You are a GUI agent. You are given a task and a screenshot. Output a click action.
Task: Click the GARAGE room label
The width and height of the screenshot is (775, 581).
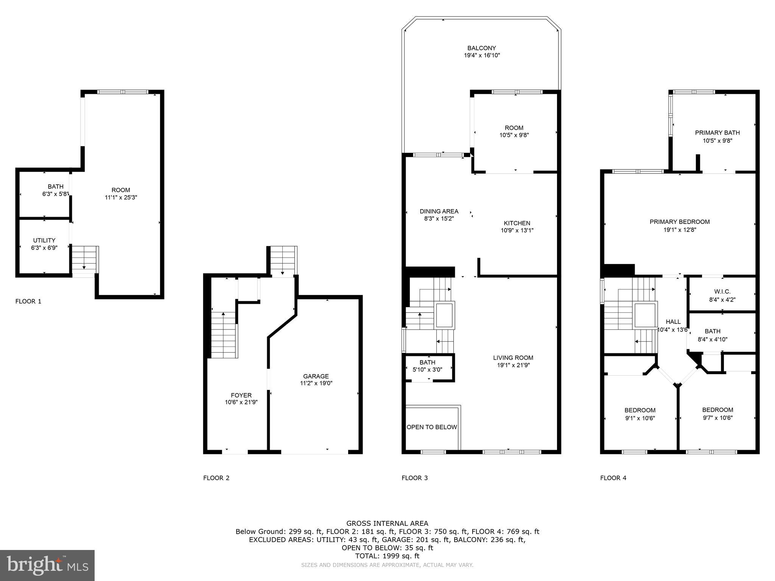[x=316, y=376]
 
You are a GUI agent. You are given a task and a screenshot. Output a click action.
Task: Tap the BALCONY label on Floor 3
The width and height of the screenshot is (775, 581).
[x=481, y=48]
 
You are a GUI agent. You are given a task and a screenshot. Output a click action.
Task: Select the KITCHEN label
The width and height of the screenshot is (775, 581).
[x=517, y=223]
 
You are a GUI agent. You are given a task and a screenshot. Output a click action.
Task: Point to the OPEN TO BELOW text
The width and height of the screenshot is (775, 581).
[x=432, y=427]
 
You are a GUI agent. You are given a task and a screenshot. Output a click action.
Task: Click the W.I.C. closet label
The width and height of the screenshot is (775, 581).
[x=722, y=292]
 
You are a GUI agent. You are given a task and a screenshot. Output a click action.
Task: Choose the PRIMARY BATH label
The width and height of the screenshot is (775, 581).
[x=717, y=133]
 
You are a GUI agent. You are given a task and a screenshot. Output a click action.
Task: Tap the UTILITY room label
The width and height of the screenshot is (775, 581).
[x=44, y=240]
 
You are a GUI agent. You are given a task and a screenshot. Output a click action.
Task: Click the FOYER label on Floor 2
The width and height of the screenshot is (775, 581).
[x=241, y=395]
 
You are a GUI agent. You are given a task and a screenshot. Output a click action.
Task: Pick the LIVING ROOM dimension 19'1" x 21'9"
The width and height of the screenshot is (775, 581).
[x=513, y=365]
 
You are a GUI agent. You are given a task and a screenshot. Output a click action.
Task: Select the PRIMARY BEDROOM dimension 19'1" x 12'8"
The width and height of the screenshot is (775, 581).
[x=679, y=230]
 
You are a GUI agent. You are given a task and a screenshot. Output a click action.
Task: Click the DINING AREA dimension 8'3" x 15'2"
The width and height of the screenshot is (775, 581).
[x=439, y=219]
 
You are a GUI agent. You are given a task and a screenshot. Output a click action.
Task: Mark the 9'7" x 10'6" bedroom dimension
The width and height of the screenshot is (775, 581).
[x=717, y=418]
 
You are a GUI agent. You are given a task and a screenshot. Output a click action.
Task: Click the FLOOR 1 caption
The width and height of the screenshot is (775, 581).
[x=28, y=301]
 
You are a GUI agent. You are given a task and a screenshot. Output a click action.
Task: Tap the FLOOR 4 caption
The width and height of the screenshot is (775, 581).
[x=613, y=478]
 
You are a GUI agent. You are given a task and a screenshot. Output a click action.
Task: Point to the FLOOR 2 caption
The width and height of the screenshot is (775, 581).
[x=216, y=478]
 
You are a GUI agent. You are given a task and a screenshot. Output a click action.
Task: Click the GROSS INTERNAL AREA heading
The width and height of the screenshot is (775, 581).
[x=387, y=524]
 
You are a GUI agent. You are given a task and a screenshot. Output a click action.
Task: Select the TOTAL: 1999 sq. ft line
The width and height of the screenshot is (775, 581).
[x=387, y=556]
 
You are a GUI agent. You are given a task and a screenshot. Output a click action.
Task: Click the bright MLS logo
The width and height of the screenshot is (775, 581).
[x=47, y=565]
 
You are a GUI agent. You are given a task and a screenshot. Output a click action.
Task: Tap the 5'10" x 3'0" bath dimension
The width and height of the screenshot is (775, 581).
[x=427, y=370]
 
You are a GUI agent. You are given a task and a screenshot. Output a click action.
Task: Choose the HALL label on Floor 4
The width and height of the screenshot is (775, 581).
[x=673, y=322]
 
